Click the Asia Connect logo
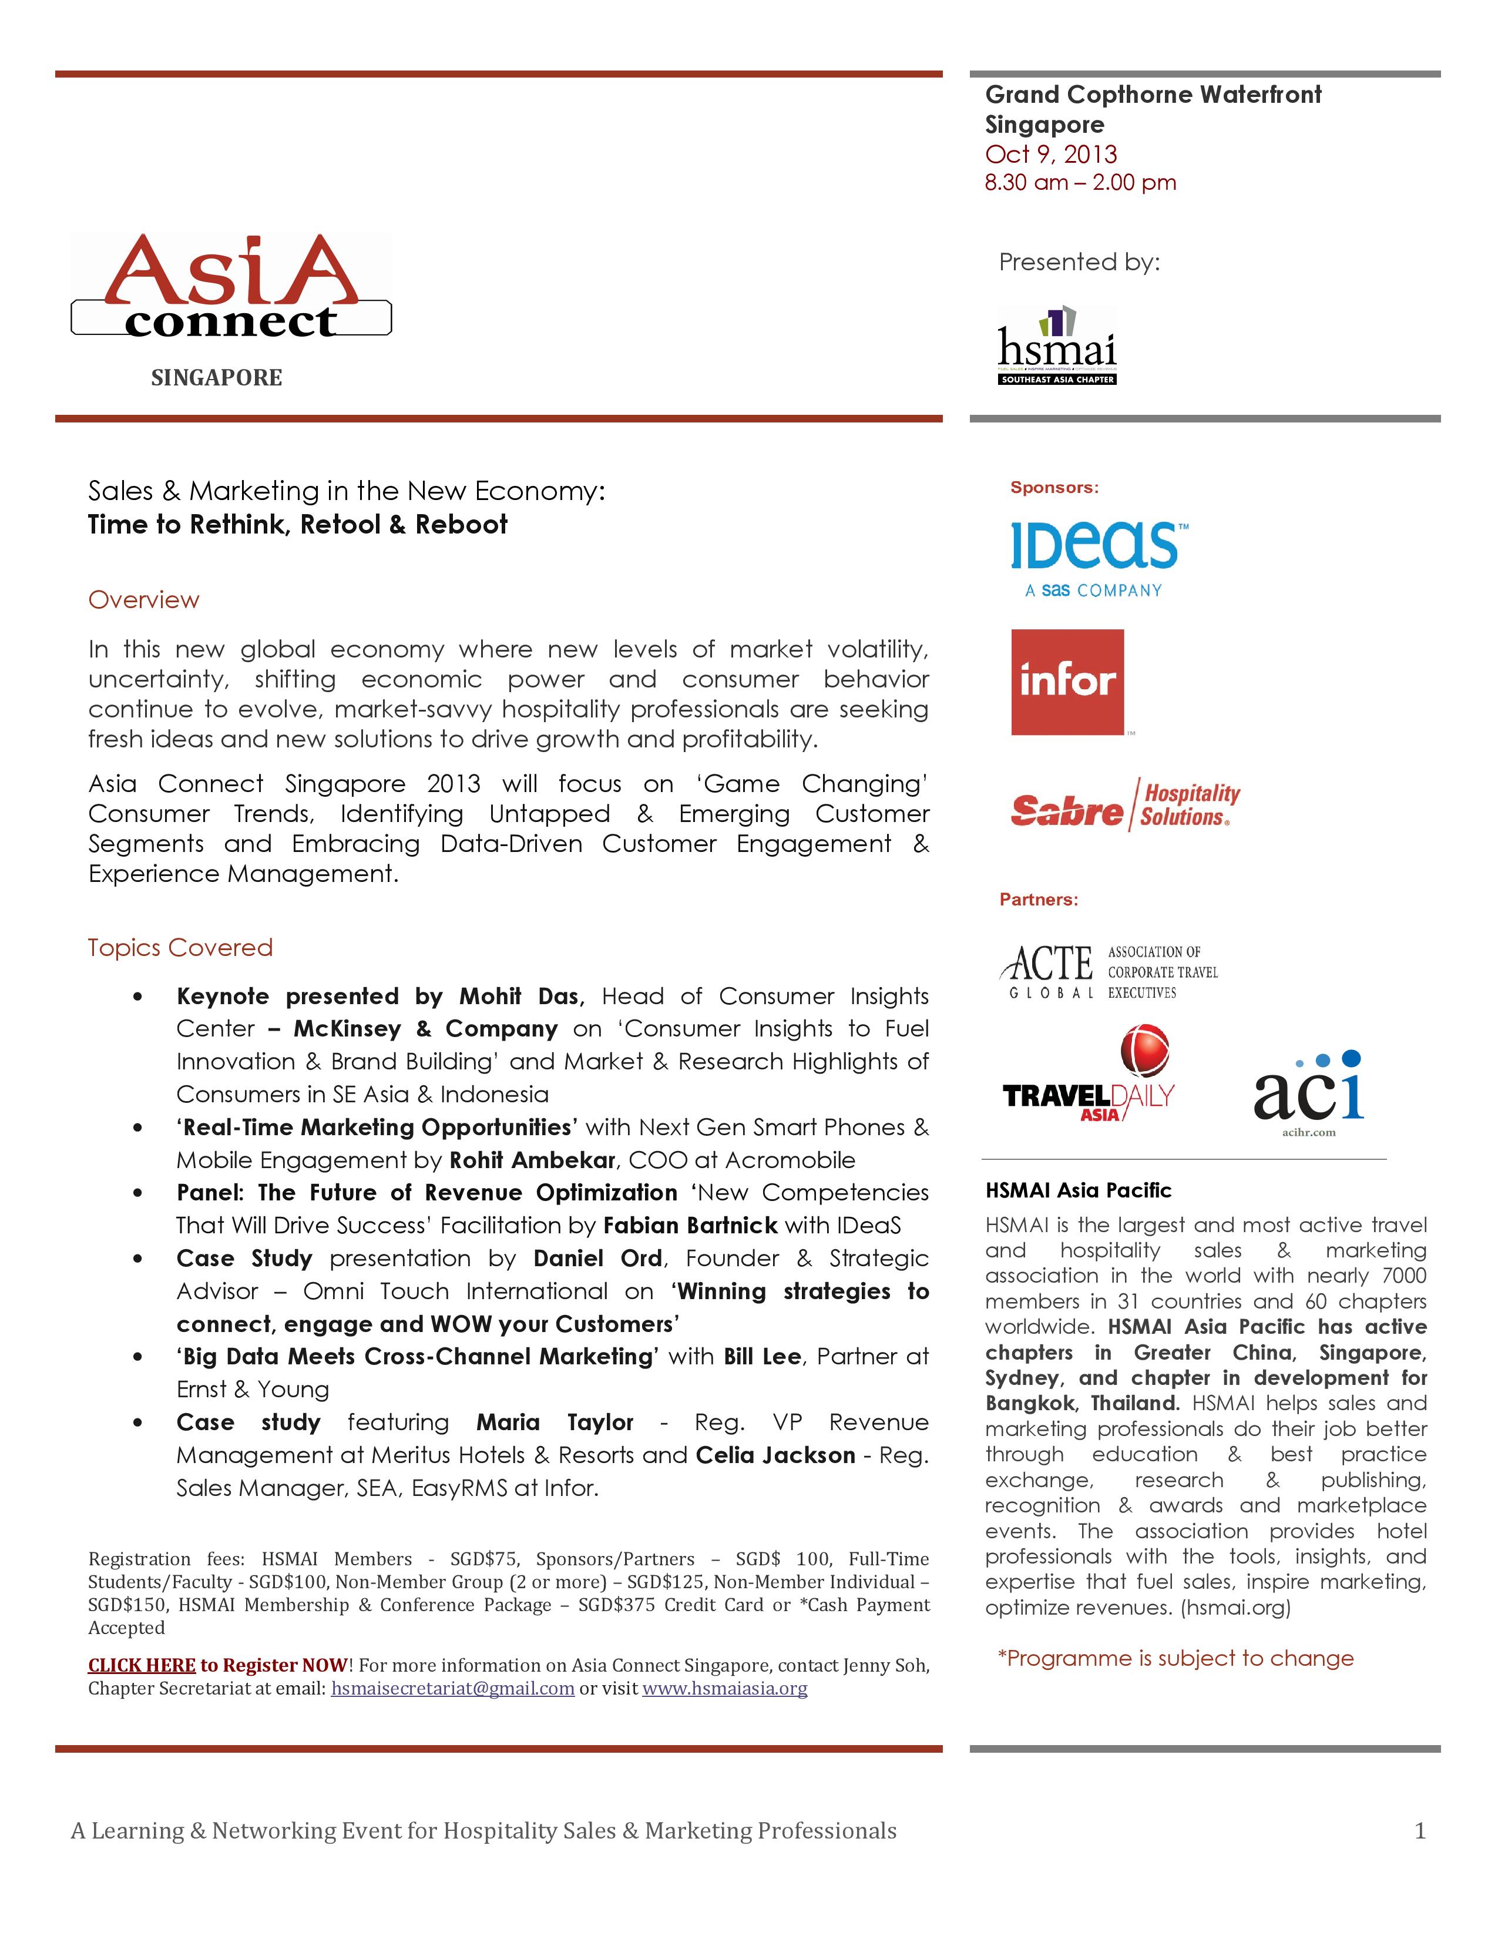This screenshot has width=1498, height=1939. point(231,286)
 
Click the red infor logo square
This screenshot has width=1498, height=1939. point(1067,682)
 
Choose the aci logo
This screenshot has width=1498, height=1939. point(1309,1092)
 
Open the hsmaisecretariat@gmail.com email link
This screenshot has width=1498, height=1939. point(452,1688)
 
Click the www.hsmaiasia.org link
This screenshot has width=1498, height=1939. point(724,1688)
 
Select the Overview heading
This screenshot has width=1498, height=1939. point(144,600)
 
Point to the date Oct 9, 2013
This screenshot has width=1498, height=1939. point(1051,155)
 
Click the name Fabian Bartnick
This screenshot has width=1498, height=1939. point(690,1225)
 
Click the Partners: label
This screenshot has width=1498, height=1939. point(1038,900)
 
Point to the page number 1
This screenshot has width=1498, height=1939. point(1420,1831)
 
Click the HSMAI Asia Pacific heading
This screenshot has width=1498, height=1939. point(1078,1190)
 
